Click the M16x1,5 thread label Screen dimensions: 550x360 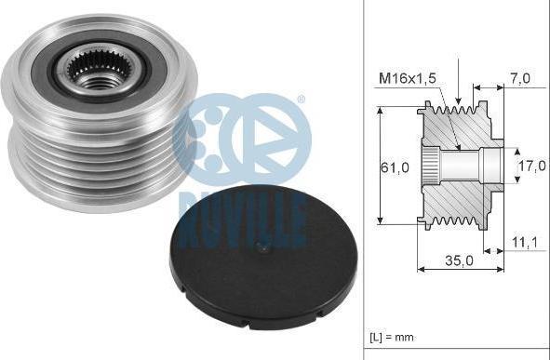408,78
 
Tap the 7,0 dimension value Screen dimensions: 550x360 520,78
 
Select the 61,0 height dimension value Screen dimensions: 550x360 395,167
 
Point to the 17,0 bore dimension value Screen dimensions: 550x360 532,166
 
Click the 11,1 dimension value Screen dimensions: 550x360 525,243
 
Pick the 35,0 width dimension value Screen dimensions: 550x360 459,260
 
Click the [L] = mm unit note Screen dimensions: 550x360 392,338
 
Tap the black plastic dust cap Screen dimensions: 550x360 263,258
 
